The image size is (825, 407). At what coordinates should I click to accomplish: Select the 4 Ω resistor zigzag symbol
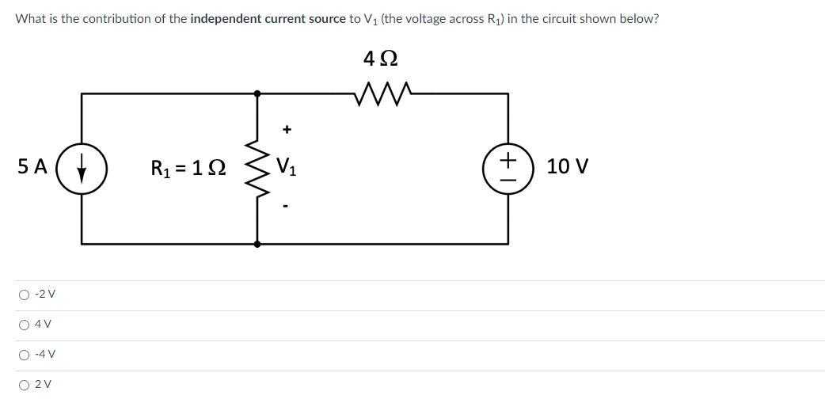pyautogui.click(x=383, y=94)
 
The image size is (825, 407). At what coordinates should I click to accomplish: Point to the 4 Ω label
pyautogui.click(x=381, y=58)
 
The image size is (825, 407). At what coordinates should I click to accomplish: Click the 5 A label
pyautogui.click(x=32, y=166)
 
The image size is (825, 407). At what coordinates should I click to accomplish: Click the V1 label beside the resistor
pyautogui.click(x=287, y=167)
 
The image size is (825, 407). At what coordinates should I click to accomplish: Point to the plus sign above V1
pyautogui.click(x=287, y=128)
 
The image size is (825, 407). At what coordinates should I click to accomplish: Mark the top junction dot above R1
pyautogui.click(x=257, y=93)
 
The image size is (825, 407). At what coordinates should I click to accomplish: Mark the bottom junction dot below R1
pyautogui.click(x=257, y=244)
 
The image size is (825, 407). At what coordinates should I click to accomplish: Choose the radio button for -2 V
pyautogui.click(x=25, y=295)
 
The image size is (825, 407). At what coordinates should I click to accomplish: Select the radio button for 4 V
pyautogui.click(x=25, y=325)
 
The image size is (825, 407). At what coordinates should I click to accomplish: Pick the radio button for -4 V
pyautogui.click(x=25, y=355)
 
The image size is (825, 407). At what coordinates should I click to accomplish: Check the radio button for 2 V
pyautogui.click(x=25, y=385)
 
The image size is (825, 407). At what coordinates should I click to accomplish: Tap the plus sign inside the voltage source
pyautogui.click(x=508, y=158)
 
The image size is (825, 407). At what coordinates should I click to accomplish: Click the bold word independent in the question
pyautogui.click(x=226, y=20)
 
